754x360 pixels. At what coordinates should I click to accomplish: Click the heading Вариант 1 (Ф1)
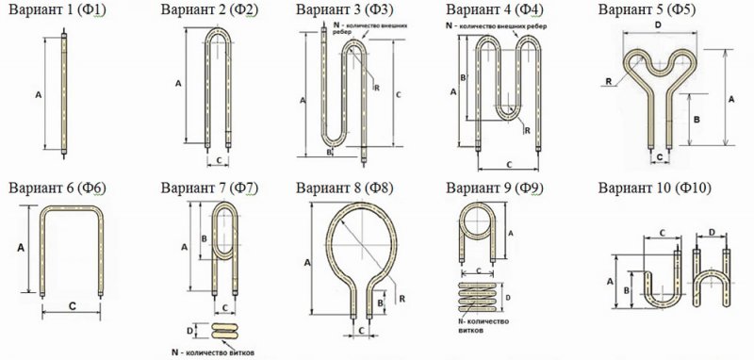[x=57, y=9]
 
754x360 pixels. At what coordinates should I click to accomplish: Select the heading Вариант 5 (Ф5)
[x=647, y=9]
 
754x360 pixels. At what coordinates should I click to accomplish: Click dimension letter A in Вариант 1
[x=39, y=95]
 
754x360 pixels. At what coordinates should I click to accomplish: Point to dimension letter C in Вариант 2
[x=219, y=159]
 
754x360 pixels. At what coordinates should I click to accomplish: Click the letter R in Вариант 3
[x=376, y=88]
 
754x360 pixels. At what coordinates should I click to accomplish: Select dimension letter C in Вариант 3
[x=398, y=94]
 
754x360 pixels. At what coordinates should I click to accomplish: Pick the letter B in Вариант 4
[x=463, y=77]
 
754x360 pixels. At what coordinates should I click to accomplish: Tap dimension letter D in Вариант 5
[x=658, y=25]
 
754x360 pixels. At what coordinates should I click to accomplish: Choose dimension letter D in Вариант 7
[x=189, y=331]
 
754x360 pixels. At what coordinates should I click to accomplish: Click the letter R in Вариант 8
[x=402, y=299]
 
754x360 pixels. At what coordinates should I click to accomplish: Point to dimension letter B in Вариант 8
[x=380, y=303]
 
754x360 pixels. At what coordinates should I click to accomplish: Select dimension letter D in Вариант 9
[x=508, y=298]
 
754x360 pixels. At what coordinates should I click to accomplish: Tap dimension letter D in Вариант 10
[x=712, y=233]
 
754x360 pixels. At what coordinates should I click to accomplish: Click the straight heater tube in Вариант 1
[x=64, y=93]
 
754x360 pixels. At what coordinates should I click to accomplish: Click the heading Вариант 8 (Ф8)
[x=344, y=188]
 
